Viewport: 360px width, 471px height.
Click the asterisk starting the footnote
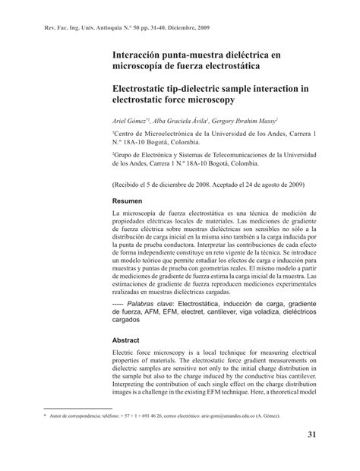45,417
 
